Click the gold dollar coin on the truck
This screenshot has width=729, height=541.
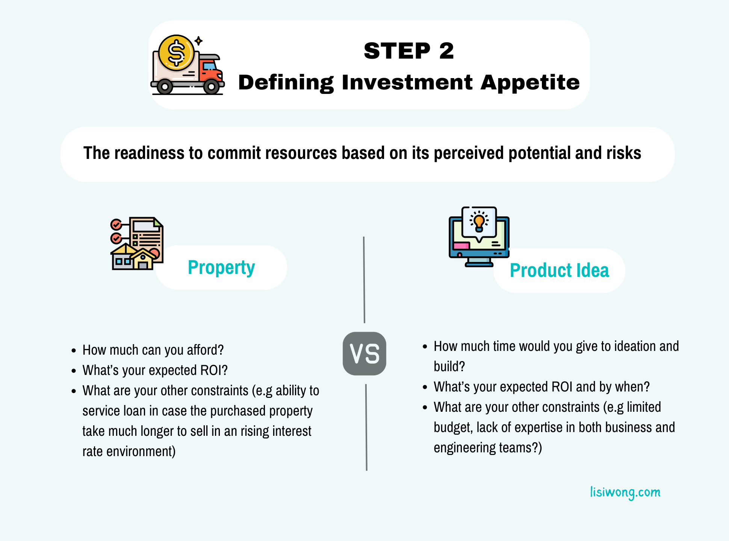(176, 53)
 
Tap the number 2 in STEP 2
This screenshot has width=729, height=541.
(446, 51)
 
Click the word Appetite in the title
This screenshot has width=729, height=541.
(530, 83)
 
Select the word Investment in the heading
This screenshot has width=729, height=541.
(407, 82)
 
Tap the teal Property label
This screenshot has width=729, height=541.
(221, 268)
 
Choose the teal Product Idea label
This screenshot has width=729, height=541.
(560, 270)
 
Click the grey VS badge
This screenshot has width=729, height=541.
(364, 354)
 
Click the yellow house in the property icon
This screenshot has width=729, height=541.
(142, 259)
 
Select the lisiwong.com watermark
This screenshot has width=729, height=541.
(625, 492)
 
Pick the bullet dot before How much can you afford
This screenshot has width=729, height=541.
(74, 351)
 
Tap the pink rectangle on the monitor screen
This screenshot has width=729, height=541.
(461, 246)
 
